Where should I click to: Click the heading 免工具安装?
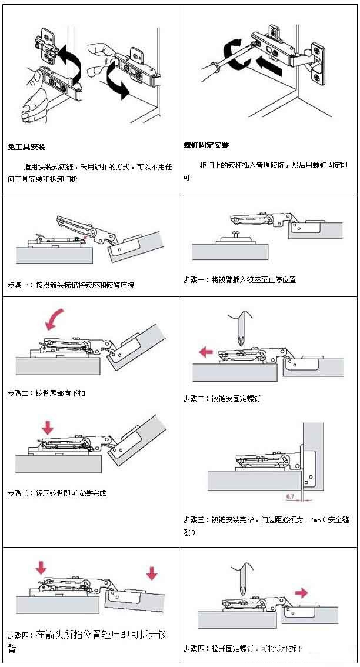point(26,146)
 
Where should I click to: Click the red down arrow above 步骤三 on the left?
point(48,427)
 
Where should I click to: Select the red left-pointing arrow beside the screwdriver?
point(206,352)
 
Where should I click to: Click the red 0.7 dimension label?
point(291,497)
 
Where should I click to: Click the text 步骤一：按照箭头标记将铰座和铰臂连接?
point(71,285)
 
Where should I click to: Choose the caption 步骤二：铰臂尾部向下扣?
point(46,393)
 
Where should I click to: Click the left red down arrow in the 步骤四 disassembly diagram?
point(40,568)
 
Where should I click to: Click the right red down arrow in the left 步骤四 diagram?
point(151,572)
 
